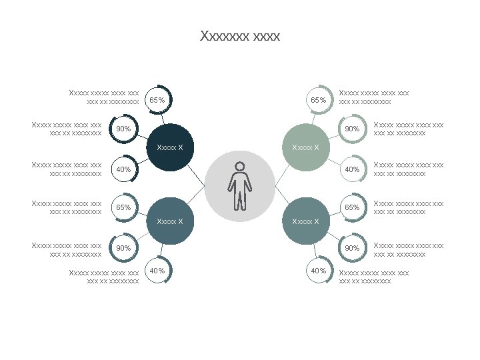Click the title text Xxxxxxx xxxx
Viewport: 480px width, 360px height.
click(x=240, y=36)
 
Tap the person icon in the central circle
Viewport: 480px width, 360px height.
click(x=239, y=185)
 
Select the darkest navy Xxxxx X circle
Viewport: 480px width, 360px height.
click(x=171, y=147)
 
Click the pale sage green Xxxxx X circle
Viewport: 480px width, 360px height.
click(x=306, y=147)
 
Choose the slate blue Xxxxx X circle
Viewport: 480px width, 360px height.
click(x=171, y=221)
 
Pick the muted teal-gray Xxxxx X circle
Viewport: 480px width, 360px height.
click(x=306, y=221)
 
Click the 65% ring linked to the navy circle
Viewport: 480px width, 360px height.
click(x=157, y=99)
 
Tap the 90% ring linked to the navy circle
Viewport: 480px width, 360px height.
click(x=123, y=129)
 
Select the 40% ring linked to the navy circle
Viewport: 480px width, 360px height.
click(x=123, y=169)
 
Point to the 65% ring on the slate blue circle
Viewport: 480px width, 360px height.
click(x=123, y=207)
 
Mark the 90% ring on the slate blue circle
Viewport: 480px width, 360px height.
click(x=123, y=248)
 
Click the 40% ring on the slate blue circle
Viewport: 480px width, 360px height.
click(x=157, y=271)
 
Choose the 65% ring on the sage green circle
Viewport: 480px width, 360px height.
click(x=319, y=99)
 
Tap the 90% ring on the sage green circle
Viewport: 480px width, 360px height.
click(x=352, y=129)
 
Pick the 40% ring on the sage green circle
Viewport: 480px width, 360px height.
click(x=352, y=169)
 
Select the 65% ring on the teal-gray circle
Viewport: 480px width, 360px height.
click(x=352, y=207)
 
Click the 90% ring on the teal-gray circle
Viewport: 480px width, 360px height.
click(x=352, y=248)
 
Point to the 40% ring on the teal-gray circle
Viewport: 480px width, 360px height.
click(x=319, y=271)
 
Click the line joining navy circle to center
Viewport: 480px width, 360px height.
click(x=195, y=174)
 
